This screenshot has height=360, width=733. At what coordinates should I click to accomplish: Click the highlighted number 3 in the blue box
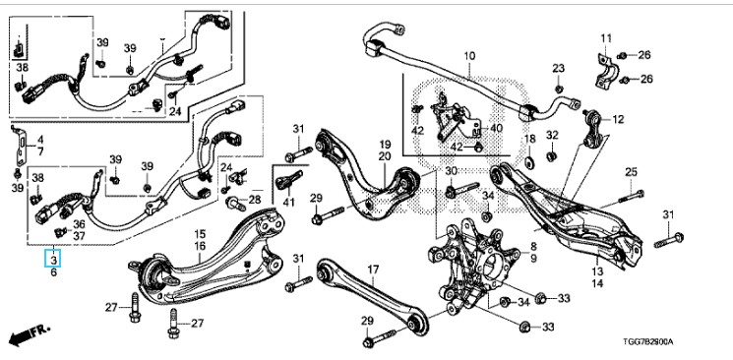[x=54, y=259]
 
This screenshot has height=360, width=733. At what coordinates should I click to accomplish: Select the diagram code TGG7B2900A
[x=648, y=341]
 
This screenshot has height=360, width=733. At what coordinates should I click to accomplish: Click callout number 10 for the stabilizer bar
[x=469, y=56]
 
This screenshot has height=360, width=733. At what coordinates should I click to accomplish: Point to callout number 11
[x=606, y=38]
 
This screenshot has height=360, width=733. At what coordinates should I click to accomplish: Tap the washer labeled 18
[x=529, y=162]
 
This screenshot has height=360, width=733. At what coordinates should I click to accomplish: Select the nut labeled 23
[x=558, y=89]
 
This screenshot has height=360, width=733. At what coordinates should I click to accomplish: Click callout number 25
[x=631, y=172]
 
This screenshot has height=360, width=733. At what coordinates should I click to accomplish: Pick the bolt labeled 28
[x=235, y=204]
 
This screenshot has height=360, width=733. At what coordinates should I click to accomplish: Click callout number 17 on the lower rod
[x=373, y=270]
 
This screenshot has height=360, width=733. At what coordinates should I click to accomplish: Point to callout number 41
[x=289, y=203]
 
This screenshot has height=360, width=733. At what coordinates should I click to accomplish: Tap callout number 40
[x=496, y=128]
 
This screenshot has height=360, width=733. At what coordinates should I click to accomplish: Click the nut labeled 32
[x=552, y=155]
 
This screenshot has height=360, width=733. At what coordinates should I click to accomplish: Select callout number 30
[x=451, y=171]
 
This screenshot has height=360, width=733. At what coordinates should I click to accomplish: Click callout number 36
[x=79, y=225]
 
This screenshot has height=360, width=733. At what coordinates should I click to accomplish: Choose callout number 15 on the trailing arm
[x=200, y=234]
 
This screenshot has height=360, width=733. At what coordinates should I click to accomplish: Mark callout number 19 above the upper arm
[x=385, y=145]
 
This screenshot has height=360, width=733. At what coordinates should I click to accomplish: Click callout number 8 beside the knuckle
[x=533, y=246]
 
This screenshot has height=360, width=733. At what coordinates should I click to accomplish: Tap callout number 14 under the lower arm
[x=597, y=283]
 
